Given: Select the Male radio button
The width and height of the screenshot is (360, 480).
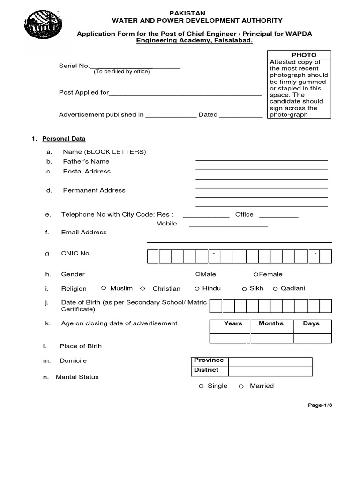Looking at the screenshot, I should tap(198, 274).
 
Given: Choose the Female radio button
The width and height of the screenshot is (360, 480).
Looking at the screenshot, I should tap(255, 274).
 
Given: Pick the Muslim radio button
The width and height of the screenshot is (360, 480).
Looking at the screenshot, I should tap(104, 288).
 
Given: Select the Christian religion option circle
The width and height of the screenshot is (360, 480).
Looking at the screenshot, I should tap(142, 289).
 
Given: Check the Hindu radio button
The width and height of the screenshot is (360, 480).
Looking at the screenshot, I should tap(197, 289).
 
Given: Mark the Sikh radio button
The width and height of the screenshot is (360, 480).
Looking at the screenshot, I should tap(244, 289).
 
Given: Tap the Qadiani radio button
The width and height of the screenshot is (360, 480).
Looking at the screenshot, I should tap(276, 289).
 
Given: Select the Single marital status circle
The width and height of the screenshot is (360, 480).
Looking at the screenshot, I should tap(201, 386).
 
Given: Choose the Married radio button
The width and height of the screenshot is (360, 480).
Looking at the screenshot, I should tap(241, 386).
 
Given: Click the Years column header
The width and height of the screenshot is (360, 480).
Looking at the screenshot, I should tap(233, 323).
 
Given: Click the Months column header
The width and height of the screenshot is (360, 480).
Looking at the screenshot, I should tap(271, 323).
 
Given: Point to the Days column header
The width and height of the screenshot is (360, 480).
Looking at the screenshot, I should tap(311, 323).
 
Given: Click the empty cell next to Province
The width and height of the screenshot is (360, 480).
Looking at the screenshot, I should tap(270, 361).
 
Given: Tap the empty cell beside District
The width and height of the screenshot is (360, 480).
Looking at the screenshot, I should tap(270, 371).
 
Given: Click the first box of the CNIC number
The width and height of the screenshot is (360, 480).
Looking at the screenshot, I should tap(153, 257).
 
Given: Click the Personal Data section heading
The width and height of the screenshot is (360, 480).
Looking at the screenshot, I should tap(64, 139).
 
